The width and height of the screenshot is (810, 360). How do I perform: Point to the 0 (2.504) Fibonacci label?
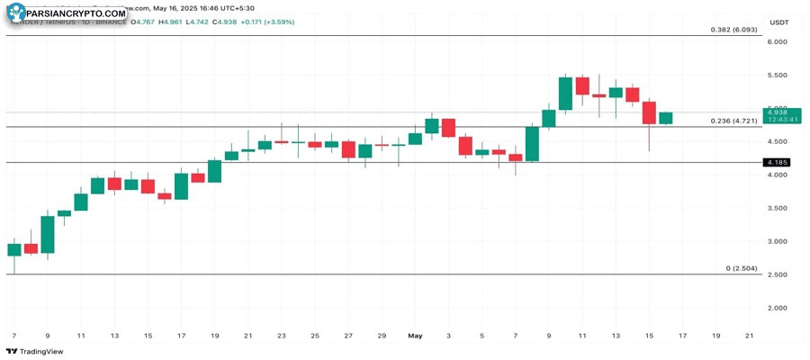pos(740,268)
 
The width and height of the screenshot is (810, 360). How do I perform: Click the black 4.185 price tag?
pos(775,163)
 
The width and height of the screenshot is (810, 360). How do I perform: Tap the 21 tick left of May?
pos(248,335)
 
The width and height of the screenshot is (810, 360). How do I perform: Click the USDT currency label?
pos(778,22)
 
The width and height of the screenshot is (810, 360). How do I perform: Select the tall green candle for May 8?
pos(532,144)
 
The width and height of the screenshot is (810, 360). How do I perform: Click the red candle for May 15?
pos(649,112)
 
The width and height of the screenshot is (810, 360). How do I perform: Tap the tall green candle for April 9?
pos(48,234)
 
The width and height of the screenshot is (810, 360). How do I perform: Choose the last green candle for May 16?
pos(666,118)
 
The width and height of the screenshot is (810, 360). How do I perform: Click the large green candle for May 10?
pos(565,94)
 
